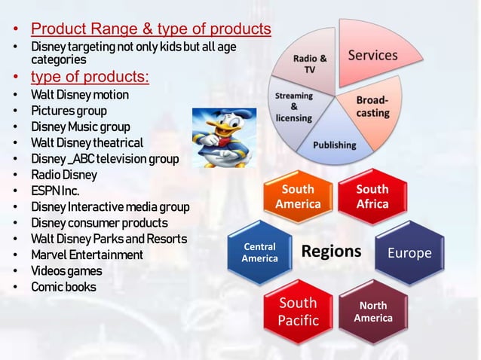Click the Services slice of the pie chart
371,54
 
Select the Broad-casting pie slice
372,107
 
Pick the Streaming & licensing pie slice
295,108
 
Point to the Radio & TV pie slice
310,64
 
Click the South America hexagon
297,197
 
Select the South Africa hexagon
372,197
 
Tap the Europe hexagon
409,253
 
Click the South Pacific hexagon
298,312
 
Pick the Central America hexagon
259,253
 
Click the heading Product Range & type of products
151,30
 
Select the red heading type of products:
89,77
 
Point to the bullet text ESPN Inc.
55,191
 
